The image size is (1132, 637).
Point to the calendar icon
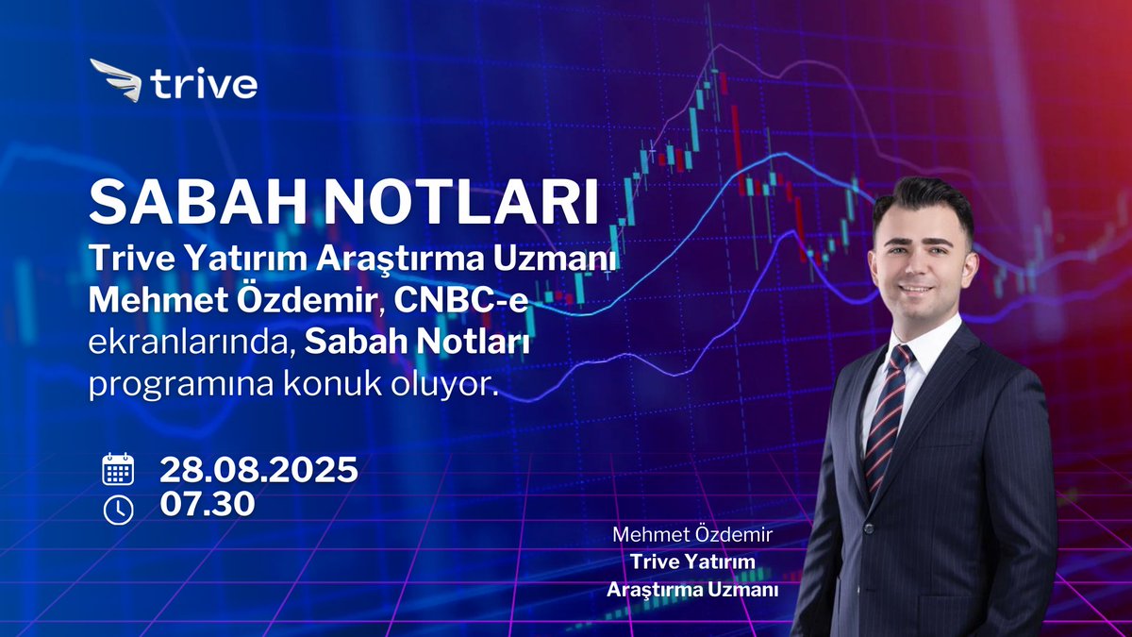(118, 469)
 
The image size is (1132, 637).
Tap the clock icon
(118, 509)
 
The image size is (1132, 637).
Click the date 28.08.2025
(258, 469)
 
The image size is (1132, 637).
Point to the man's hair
(921, 203)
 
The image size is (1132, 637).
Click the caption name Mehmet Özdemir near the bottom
(692, 535)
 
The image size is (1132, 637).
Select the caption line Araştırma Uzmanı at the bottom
(692, 589)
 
